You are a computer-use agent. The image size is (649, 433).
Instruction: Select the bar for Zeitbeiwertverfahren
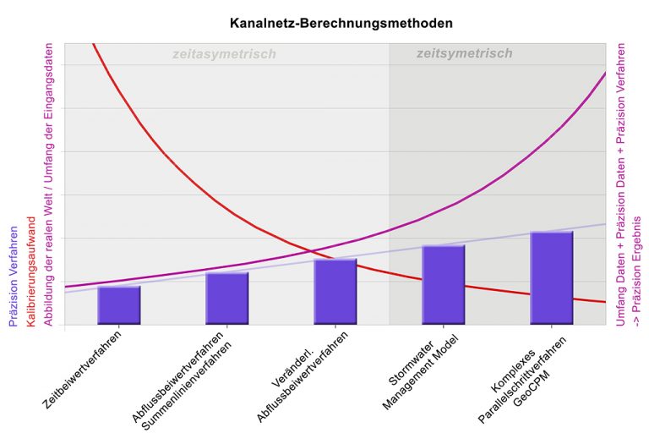(x=119, y=305)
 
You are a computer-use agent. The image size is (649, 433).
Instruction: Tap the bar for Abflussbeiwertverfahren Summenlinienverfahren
(x=227, y=299)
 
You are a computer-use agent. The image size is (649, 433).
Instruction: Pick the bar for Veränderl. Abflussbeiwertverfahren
(x=335, y=292)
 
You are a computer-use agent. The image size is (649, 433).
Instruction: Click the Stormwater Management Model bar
(x=444, y=285)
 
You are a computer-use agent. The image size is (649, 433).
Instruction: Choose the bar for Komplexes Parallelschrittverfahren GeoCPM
(x=552, y=278)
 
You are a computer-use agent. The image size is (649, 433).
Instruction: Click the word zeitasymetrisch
(x=224, y=54)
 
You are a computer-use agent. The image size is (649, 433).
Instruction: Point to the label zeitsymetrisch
(x=464, y=53)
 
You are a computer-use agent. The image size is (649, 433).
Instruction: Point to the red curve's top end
(x=92, y=44)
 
